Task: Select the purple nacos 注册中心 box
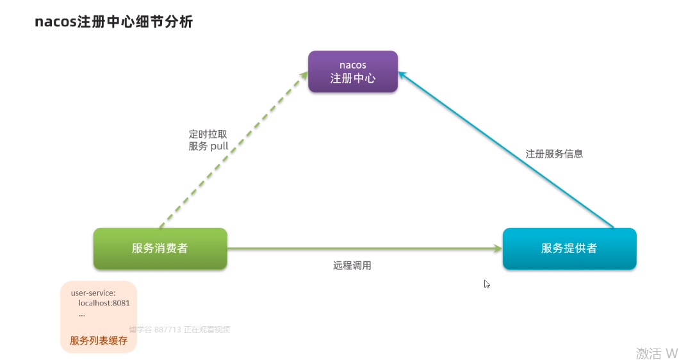pos(353,72)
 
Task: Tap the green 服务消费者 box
pos(160,248)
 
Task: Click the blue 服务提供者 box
pos(569,248)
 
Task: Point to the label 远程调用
pos(352,265)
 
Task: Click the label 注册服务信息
pos(554,154)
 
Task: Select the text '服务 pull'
pos(208,146)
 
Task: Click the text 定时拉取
pos(208,135)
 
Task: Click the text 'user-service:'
pos(94,293)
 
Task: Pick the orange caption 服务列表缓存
pos(99,340)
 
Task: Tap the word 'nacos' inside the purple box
pos(353,65)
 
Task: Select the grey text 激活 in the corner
pos(648,353)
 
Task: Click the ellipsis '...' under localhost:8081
pos(81,314)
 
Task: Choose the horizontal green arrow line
pos(359,248)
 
